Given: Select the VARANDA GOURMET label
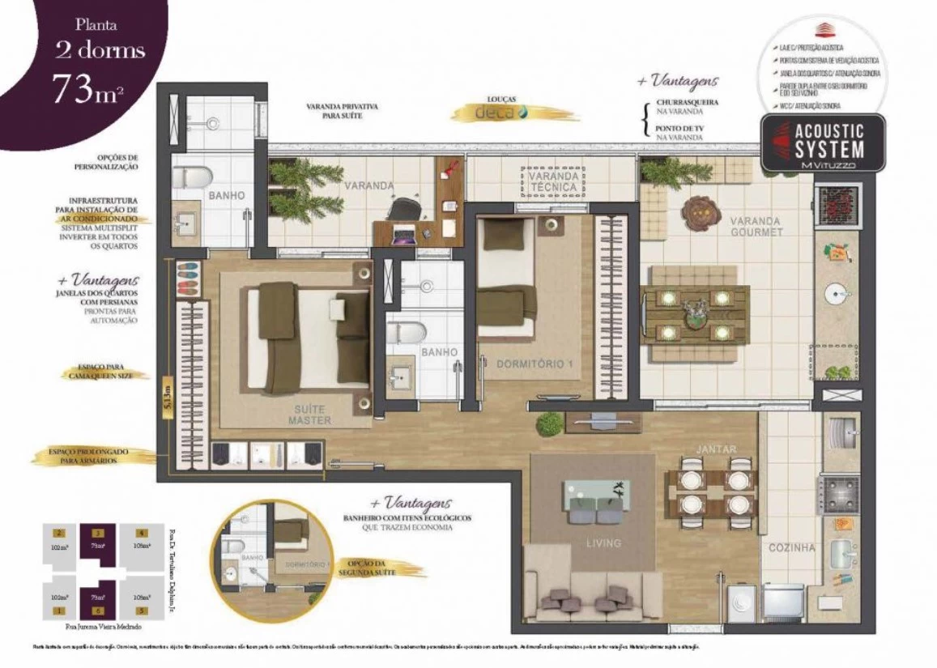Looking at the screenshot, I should click(x=755, y=226).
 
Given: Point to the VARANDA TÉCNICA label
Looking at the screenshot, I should click(x=552, y=181).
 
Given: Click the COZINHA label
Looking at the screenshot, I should click(x=792, y=547).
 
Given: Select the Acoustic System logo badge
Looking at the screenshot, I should click(x=823, y=143).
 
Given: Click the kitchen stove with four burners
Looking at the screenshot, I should click(x=840, y=491).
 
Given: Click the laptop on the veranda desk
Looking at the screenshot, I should click(x=402, y=234).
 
